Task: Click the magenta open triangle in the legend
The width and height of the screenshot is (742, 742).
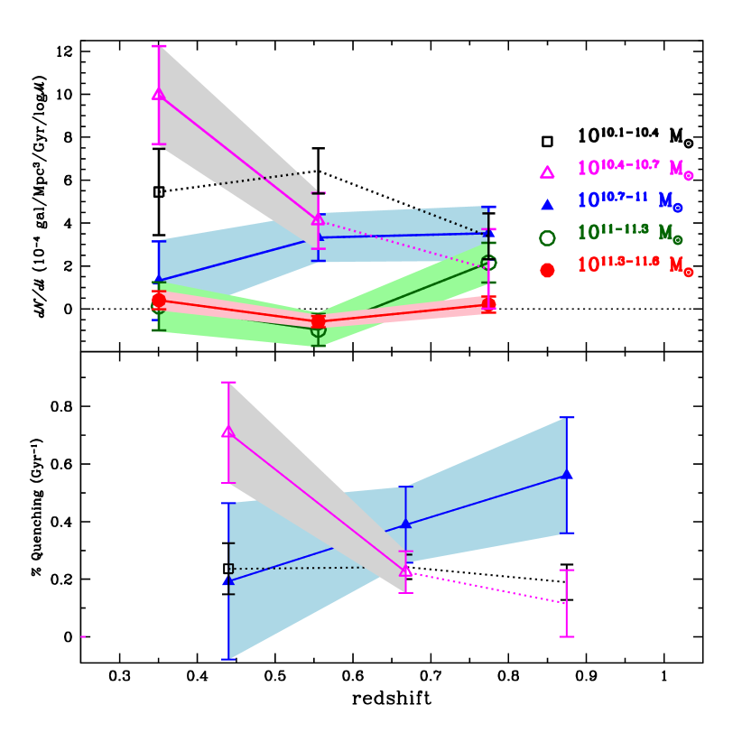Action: tap(547, 172)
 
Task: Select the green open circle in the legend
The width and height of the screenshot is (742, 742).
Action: tap(547, 237)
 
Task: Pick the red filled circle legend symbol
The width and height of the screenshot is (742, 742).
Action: tap(547, 270)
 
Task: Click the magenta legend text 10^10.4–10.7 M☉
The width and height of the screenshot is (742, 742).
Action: tap(635, 169)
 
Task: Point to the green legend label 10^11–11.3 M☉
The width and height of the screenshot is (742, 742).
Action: tap(629, 234)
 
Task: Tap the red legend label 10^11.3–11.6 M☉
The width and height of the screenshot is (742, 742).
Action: tap(635, 266)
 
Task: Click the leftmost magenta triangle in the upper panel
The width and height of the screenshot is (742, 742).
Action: tap(159, 94)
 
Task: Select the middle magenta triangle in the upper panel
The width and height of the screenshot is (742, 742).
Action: tap(318, 219)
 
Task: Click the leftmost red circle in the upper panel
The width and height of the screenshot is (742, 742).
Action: tap(159, 300)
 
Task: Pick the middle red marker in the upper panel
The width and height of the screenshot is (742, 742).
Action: tap(318, 321)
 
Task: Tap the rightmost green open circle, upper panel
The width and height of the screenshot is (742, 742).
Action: tap(489, 263)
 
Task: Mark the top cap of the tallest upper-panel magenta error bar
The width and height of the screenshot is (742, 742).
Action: tap(159, 46)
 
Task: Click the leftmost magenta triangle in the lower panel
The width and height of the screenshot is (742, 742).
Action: tap(228, 431)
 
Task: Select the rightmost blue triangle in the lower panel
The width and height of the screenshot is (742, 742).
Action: tap(567, 474)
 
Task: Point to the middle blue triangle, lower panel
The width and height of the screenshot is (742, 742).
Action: tap(406, 524)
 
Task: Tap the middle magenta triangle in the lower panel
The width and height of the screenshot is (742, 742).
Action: tap(406, 570)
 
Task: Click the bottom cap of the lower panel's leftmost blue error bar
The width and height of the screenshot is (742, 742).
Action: tap(228, 659)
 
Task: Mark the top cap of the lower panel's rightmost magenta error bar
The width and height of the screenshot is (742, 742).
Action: tap(567, 570)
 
